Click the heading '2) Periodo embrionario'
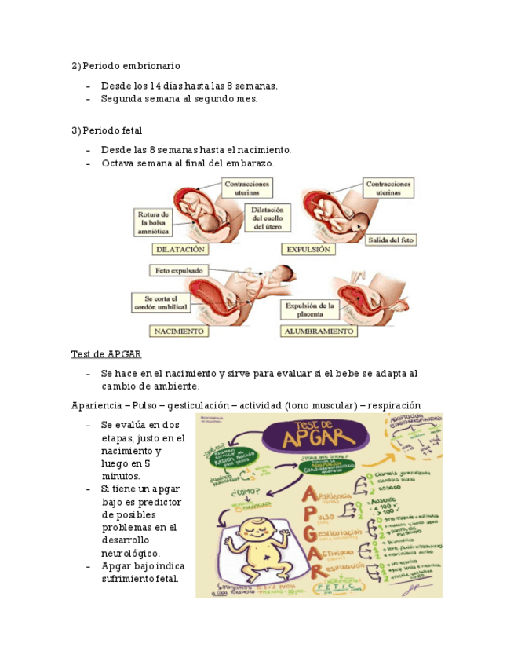coord(126,65)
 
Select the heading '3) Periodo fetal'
coord(107,130)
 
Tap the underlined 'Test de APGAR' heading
coord(106,353)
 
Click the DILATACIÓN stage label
coord(180,249)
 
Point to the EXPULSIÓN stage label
coord(308,249)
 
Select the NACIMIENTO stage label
coord(180,331)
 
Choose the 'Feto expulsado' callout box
coord(178,270)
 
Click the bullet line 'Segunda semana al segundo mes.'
coord(179,99)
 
